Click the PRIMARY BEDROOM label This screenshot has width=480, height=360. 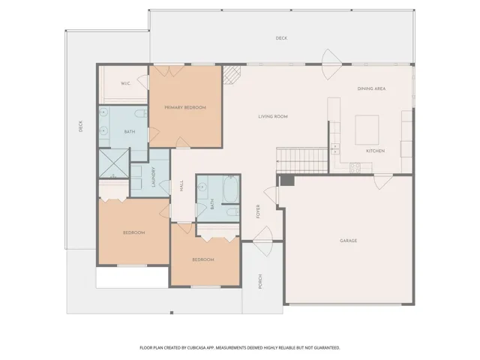tap(185, 107)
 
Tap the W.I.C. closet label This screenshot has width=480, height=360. tap(126, 83)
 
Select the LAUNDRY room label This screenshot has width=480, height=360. tap(154, 177)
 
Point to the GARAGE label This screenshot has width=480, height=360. tap(348, 241)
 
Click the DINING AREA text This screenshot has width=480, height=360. tap(372, 88)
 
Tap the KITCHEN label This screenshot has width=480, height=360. tap(376, 151)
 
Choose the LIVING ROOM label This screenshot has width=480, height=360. tap(273, 117)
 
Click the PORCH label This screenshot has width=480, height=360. tap(260, 282)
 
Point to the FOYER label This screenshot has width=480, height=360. tap(258, 211)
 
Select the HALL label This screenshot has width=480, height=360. tap(181, 185)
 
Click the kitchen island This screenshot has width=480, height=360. tap(367, 130)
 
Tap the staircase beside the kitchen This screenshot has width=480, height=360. tap(302, 160)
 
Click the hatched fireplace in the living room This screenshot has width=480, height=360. tap(232, 74)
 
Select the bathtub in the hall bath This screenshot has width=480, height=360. tap(231, 189)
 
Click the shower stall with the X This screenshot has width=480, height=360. tap(114, 163)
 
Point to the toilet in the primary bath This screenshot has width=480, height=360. tap(142, 113)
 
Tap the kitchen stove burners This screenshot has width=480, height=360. tap(355, 167)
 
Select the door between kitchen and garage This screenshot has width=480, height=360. tap(383, 181)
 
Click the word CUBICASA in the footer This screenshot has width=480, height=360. tap(197, 348)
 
